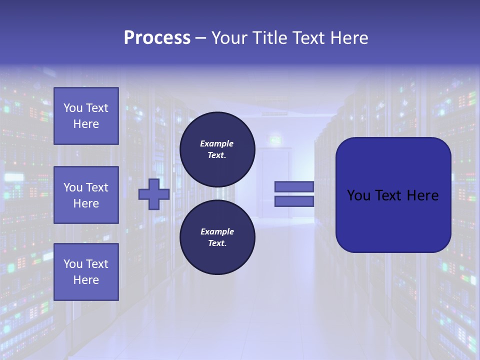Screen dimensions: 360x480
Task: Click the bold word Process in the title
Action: [x=157, y=38]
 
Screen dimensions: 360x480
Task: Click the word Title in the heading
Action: [x=268, y=38]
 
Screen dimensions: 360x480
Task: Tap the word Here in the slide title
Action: [x=348, y=38]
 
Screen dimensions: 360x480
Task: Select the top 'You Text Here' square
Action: [x=86, y=116]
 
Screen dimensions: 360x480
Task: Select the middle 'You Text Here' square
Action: [x=86, y=195]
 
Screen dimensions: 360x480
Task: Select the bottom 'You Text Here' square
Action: [x=86, y=272]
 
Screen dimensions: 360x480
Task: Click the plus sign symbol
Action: [x=154, y=194]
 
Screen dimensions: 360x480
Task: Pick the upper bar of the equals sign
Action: [x=294, y=186]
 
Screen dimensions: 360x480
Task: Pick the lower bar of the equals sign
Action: [x=294, y=201]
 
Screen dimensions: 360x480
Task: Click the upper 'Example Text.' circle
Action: [x=217, y=149]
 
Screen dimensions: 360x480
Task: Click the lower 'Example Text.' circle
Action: [x=217, y=237]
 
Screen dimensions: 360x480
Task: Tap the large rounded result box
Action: [x=393, y=220]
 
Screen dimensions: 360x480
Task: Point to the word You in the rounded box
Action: [x=358, y=195]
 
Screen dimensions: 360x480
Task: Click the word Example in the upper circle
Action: [x=217, y=143]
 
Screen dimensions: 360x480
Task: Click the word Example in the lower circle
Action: [x=217, y=231]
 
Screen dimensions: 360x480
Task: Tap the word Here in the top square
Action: [x=86, y=124]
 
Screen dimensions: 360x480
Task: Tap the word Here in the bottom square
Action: [x=86, y=280]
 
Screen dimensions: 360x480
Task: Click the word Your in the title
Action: [x=230, y=38]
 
